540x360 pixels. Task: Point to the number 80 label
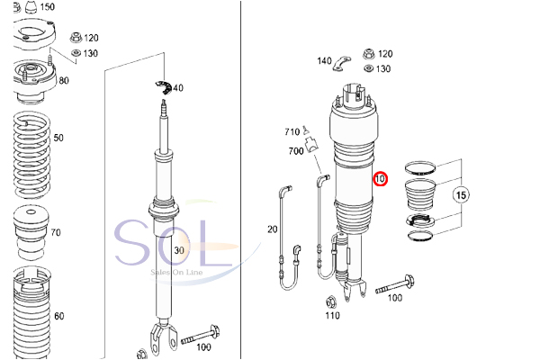coord(63,81)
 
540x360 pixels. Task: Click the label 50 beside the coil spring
coord(58,138)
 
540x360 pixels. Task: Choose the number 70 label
coord(55,233)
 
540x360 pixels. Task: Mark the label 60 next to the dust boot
coord(58,316)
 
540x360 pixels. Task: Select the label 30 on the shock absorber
coord(178,250)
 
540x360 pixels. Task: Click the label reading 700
coord(296,151)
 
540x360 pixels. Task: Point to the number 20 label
coord(273,229)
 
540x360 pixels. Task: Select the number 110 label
coord(333,316)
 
